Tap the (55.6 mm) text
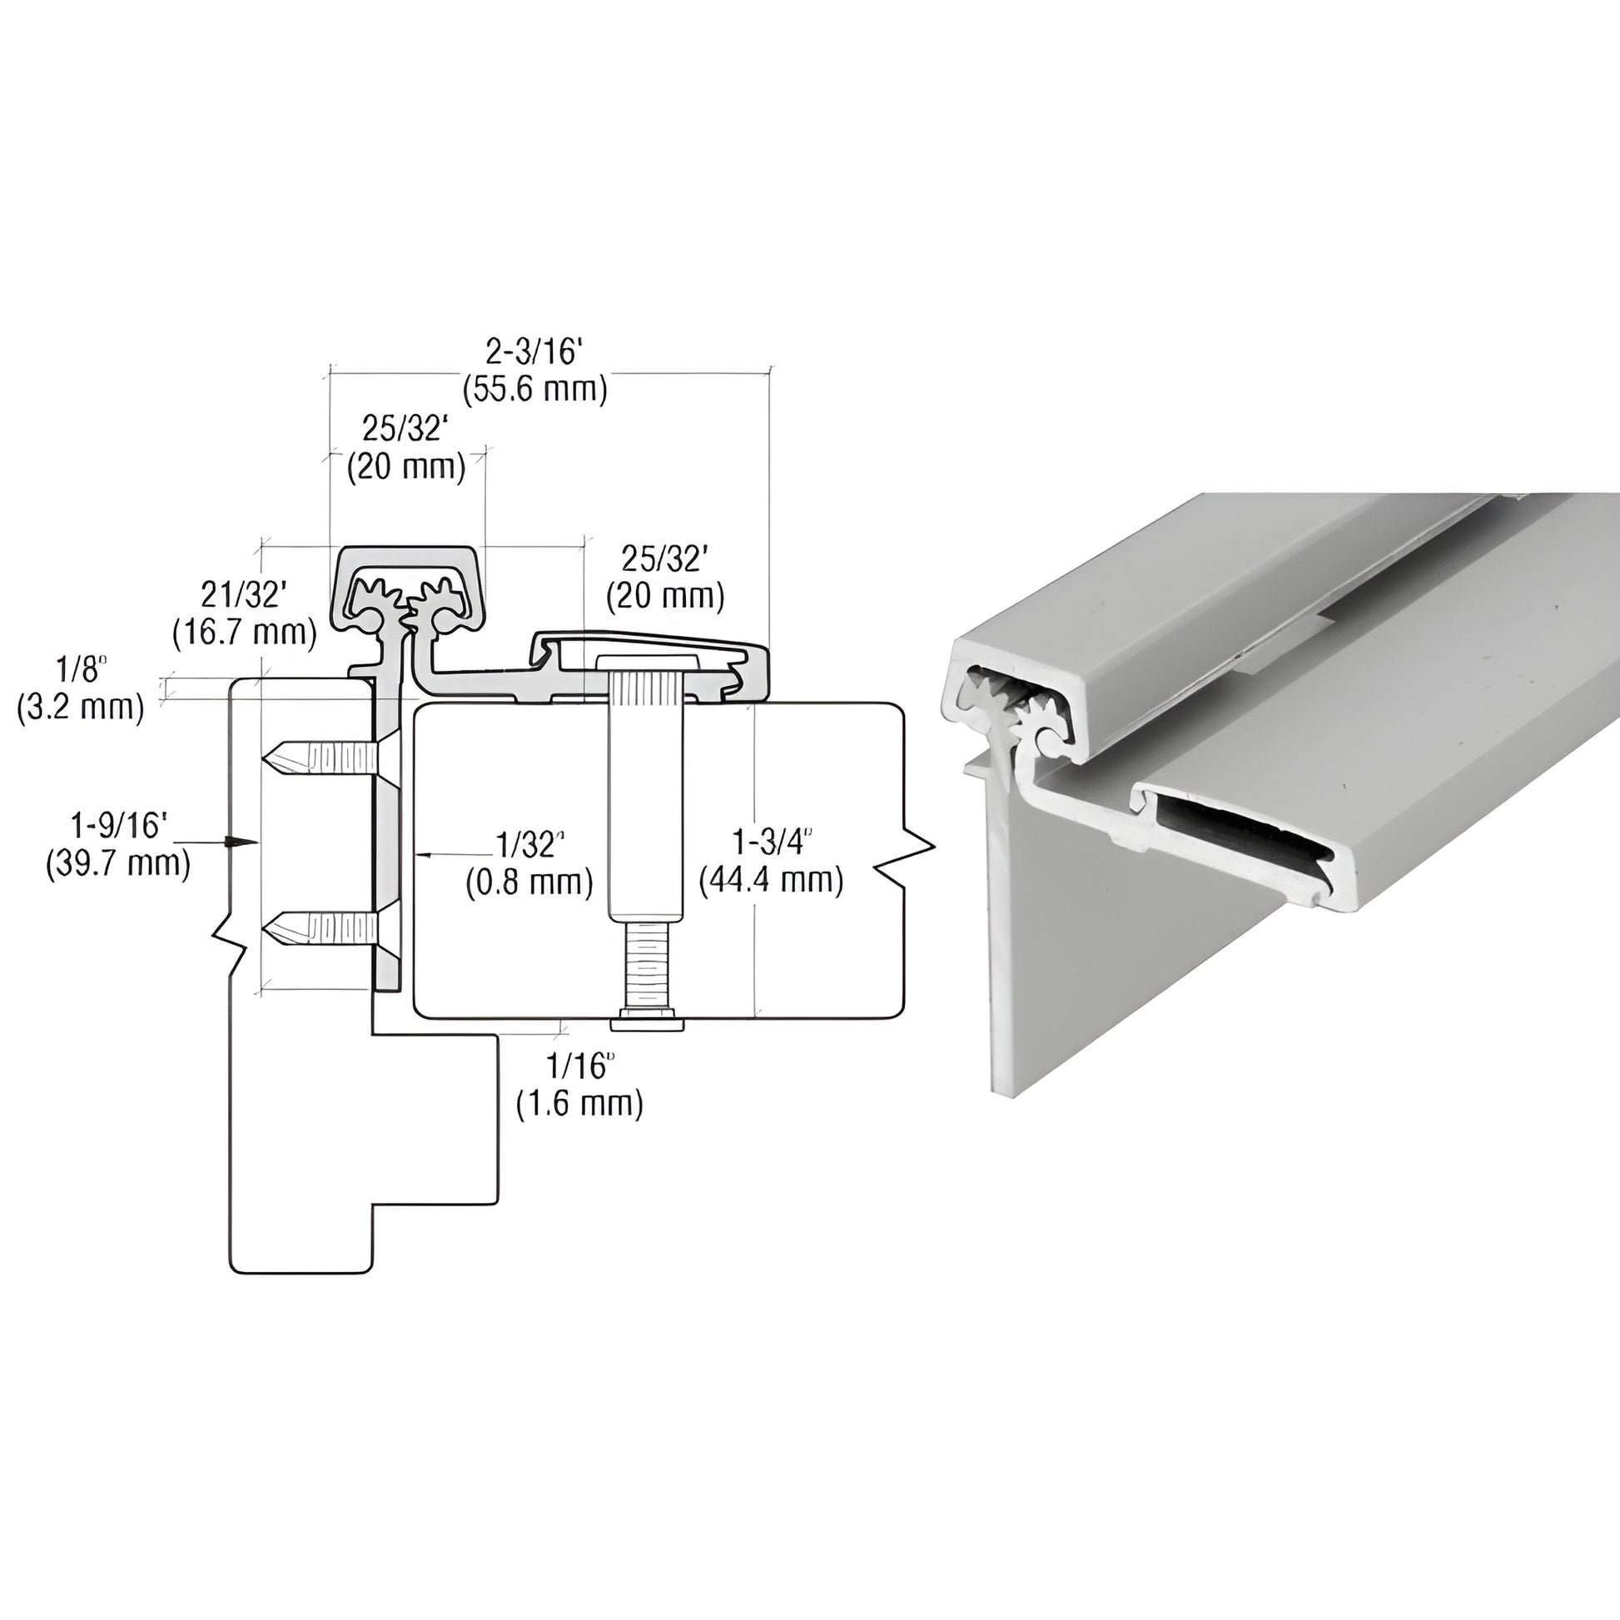pos(535,390)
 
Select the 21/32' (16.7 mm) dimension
pos(245,614)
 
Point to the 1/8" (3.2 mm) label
pos(81,690)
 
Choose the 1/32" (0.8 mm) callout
pos(529,862)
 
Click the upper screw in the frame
pos(319,761)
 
